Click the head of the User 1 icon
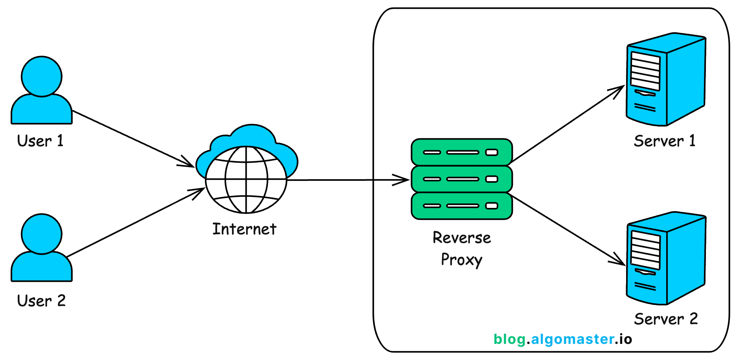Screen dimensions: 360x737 tap(41, 76)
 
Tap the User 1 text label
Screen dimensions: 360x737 tap(40, 141)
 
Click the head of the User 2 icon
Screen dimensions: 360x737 tap(41, 234)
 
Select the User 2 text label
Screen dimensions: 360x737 tap(41, 301)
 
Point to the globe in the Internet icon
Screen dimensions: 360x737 tap(246, 180)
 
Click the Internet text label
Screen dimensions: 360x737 tap(244, 229)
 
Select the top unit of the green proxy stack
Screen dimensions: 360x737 tap(461, 152)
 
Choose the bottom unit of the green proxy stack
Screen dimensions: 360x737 tap(461, 206)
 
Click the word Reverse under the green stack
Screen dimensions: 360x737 tap(462, 238)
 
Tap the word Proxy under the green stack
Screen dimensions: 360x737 tap(461, 260)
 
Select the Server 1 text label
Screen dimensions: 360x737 tap(665, 141)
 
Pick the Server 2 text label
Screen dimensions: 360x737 tap(666, 319)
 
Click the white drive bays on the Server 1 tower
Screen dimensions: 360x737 tap(645, 71)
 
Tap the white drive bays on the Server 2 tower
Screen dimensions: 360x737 tap(645, 250)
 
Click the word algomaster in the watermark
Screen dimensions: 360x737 tap(573, 339)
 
